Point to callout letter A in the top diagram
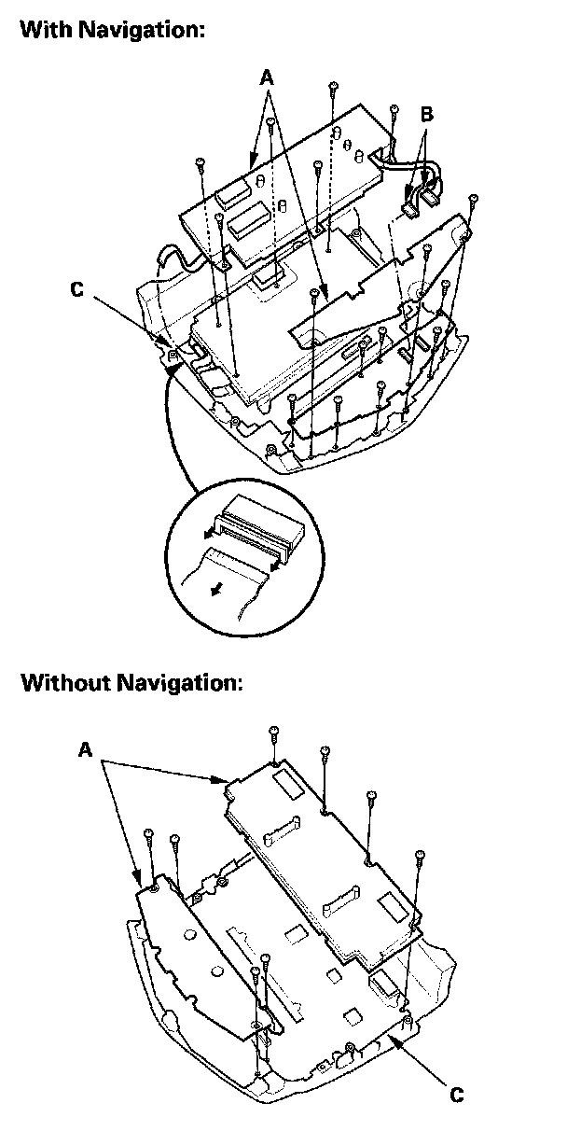(268, 81)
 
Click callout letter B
(426, 114)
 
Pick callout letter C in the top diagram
(76, 291)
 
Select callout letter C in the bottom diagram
(457, 1094)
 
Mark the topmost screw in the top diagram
(333, 88)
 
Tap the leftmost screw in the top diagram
(201, 164)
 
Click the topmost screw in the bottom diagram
(273, 731)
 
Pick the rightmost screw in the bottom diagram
(420, 853)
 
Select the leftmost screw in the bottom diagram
(149, 832)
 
